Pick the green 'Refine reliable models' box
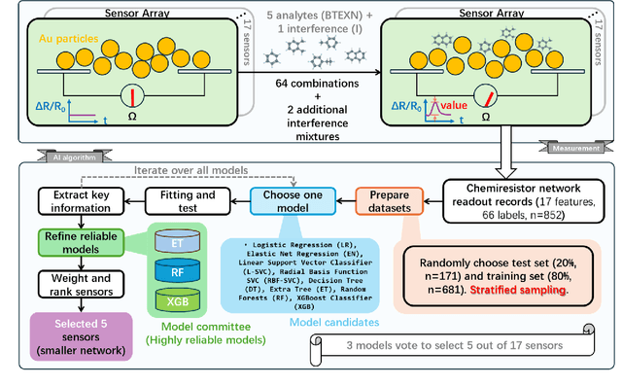click(x=74, y=242)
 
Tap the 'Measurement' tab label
click(x=569, y=148)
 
